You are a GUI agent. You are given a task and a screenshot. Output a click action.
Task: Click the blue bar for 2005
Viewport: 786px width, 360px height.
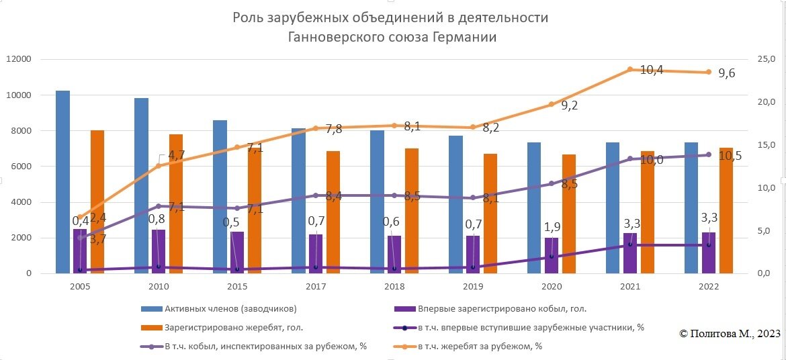pos(62,181)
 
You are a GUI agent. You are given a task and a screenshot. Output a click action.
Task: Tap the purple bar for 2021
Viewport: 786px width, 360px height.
pos(629,253)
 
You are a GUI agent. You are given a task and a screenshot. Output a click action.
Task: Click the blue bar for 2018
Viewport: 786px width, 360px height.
pos(377,201)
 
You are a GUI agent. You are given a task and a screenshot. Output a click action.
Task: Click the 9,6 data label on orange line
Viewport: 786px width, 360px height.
pos(726,74)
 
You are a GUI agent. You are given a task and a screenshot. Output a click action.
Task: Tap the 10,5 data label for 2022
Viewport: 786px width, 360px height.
pos(731,156)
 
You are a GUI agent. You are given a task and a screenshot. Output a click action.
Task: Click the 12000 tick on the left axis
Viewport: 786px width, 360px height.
pos(18,59)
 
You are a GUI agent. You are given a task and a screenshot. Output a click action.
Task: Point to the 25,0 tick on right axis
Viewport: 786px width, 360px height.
pos(767,59)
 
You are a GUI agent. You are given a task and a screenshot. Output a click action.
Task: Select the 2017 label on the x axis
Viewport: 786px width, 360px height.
pos(316,286)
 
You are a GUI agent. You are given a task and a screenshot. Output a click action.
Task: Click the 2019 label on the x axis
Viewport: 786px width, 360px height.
pos(473,286)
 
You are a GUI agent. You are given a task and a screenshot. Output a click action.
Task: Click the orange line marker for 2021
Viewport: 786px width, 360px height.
pos(630,69)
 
